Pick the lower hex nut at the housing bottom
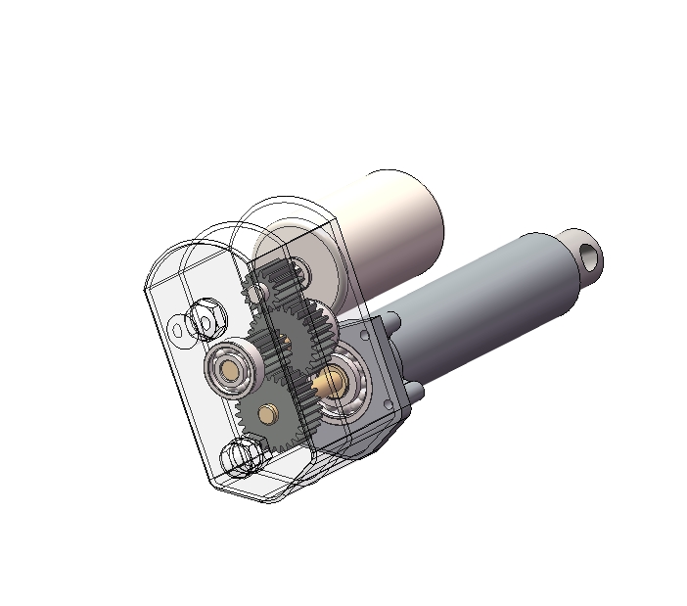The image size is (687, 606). pos(242,457)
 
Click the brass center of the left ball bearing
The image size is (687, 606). pos(232,369)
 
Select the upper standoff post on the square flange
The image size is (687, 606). pos(392,321)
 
